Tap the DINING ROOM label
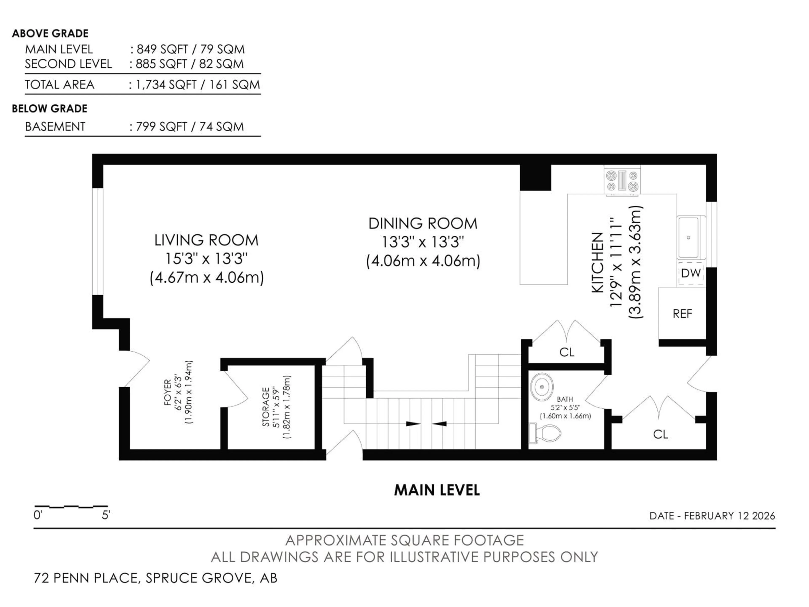(x=423, y=224)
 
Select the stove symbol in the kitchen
(x=622, y=181)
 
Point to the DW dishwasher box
(x=691, y=273)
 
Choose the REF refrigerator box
(x=682, y=314)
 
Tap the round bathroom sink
(x=542, y=387)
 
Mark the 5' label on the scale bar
(x=106, y=516)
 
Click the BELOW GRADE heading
(x=50, y=109)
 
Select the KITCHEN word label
(x=597, y=262)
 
